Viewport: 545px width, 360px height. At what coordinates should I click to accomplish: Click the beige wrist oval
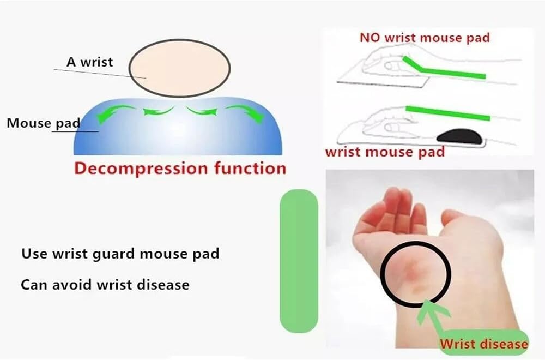[x=179, y=68]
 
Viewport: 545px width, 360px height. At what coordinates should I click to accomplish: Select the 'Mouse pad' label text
[x=43, y=123]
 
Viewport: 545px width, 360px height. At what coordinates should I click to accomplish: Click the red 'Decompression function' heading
[x=180, y=167]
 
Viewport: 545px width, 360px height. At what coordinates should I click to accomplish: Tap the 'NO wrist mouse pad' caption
[x=425, y=38]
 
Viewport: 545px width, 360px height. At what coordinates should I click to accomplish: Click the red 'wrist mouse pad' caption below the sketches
[x=385, y=152]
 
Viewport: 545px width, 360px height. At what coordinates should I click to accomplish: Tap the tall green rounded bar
[x=298, y=260]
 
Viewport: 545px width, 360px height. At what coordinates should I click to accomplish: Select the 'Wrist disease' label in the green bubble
[x=483, y=344]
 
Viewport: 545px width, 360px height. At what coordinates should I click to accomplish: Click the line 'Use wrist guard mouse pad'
[x=120, y=254]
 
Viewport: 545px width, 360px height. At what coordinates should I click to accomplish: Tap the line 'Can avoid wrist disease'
[x=105, y=284]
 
